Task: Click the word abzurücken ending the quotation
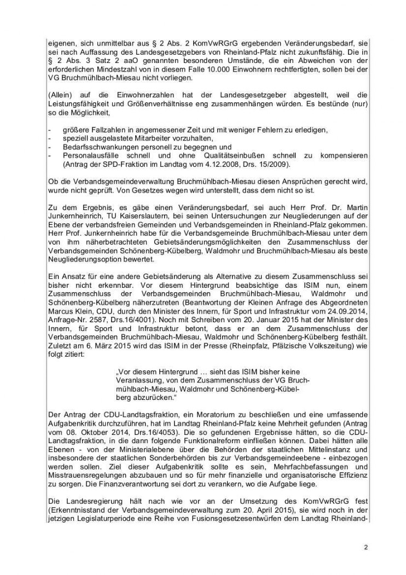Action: [150, 397]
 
